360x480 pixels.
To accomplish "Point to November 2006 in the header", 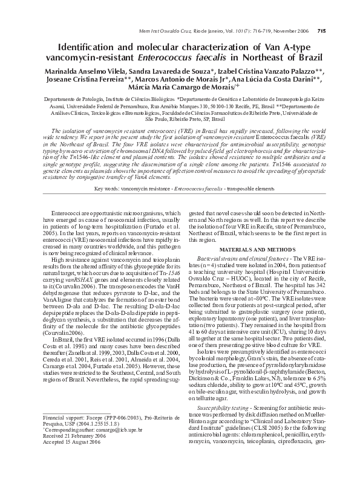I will [x=288, y=31].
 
